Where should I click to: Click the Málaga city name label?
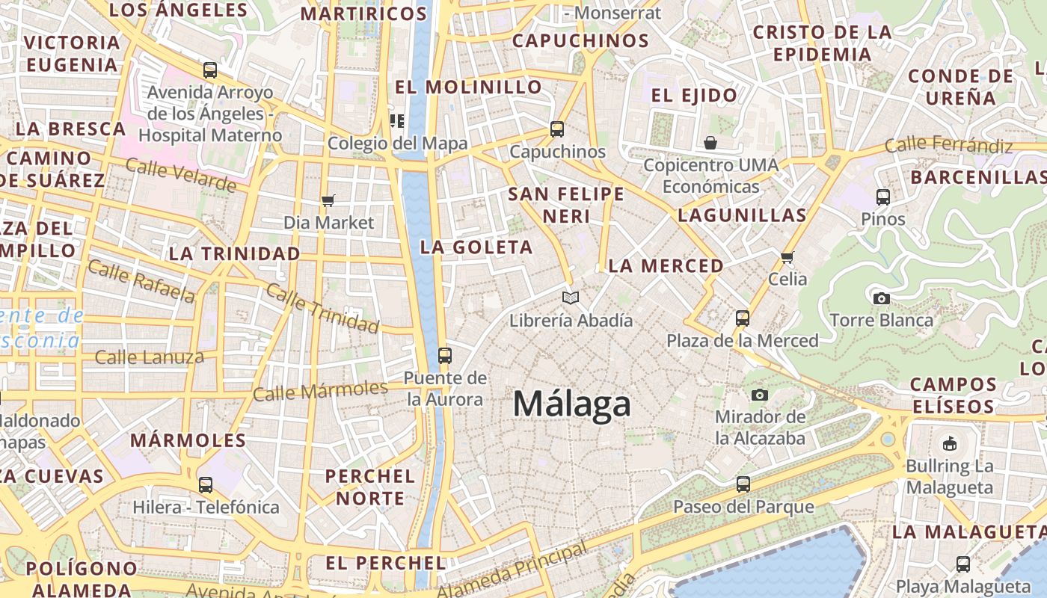[572, 404]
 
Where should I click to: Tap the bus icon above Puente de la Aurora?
[445, 355]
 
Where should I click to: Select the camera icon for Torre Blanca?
[882, 298]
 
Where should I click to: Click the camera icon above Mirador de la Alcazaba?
[760, 394]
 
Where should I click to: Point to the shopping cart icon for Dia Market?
[328, 200]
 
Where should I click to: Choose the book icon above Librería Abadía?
[571, 298]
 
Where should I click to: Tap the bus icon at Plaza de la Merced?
[742, 318]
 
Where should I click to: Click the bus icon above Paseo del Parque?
[743, 484]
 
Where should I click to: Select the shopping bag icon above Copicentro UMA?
[710, 142]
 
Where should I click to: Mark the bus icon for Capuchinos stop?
[557, 129]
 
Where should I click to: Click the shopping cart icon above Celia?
[787, 257]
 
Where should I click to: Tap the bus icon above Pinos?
[883, 197]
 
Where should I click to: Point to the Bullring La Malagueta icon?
[949, 443]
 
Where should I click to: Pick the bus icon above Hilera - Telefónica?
[206, 484]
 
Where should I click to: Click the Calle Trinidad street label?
[322, 309]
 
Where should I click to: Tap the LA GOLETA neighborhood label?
[476, 247]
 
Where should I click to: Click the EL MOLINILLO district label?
[468, 87]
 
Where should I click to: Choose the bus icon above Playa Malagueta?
[963, 564]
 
